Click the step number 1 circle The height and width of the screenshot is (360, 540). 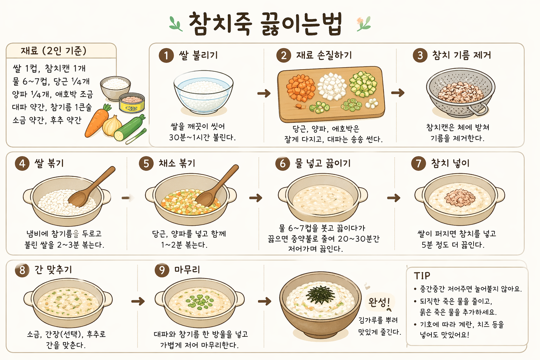tap(166, 56)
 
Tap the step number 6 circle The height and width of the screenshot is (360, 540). tap(283, 163)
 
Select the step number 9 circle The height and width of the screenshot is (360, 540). tap(162, 270)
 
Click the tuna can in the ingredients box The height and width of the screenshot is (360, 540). tap(132, 103)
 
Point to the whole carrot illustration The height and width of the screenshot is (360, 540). tap(96, 122)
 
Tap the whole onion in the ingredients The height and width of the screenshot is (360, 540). tap(112, 126)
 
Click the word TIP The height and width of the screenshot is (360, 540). tap(422, 276)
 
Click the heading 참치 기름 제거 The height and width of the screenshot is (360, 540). tap(461, 55)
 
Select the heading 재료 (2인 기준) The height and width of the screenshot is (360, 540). tap(53, 51)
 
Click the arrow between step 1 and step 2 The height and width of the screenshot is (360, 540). tap(264, 93)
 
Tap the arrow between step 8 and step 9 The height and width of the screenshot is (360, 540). tap(138, 301)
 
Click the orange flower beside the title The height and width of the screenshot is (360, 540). tap(360, 20)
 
